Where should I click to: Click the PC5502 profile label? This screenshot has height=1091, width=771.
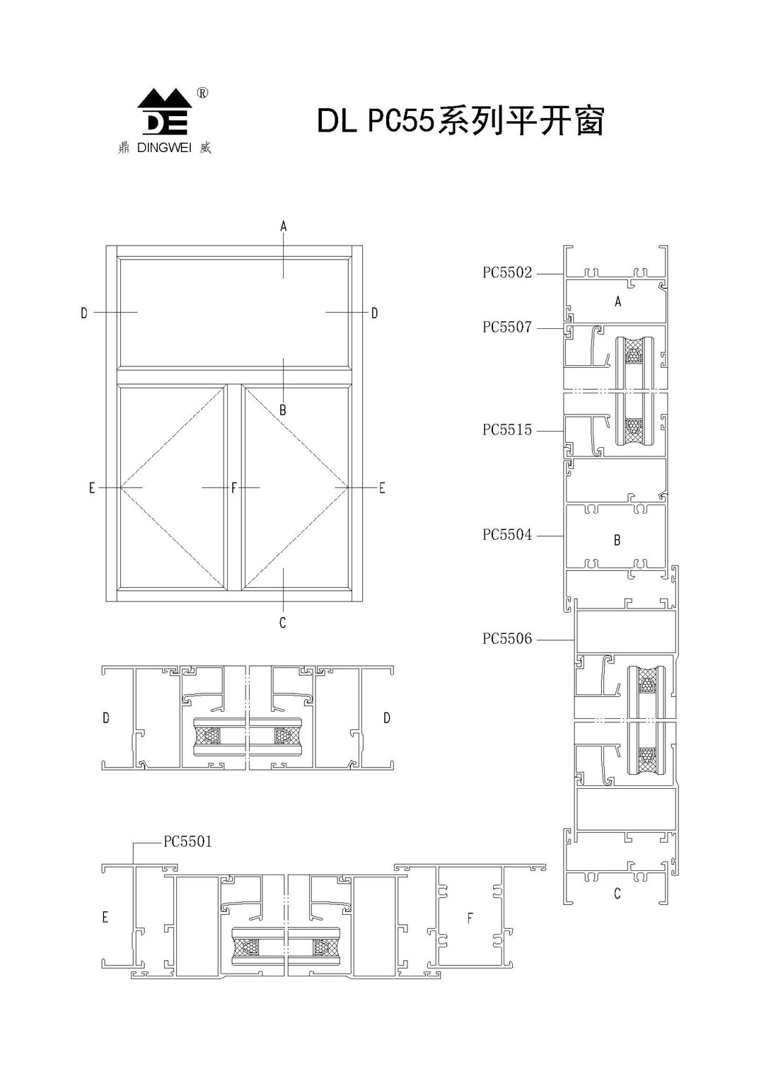click(x=507, y=273)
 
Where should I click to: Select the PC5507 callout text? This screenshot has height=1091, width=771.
click(x=507, y=328)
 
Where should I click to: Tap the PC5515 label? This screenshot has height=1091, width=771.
click(x=507, y=430)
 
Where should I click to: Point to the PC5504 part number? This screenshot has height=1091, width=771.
click(x=507, y=535)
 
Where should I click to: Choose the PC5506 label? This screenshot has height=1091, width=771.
click(x=507, y=638)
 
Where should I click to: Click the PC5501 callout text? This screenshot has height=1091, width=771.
click(x=187, y=842)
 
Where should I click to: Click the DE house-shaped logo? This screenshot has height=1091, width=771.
click(x=165, y=112)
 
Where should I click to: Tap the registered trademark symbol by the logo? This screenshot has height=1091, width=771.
click(x=202, y=93)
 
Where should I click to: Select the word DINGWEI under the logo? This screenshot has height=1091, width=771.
click(x=164, y=148)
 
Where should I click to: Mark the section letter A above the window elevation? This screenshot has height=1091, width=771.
click(x=284, y=226)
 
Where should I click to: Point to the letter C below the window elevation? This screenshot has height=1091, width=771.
click(x=282, y=623)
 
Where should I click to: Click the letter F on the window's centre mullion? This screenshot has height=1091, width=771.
click(x=234, y=487)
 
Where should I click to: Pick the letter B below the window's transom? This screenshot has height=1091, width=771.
click(x=282, y=410)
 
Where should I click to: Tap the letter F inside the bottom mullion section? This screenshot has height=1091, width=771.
click(x=470, y=918)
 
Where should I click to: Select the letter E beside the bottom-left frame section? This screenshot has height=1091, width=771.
click(x=105, y=918)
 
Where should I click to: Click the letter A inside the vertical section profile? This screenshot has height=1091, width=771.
click(x=618, y=301)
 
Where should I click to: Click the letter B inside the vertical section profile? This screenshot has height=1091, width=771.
click(x=617, y=540)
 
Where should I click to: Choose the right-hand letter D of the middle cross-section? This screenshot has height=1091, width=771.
click(x=387, y=718)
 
